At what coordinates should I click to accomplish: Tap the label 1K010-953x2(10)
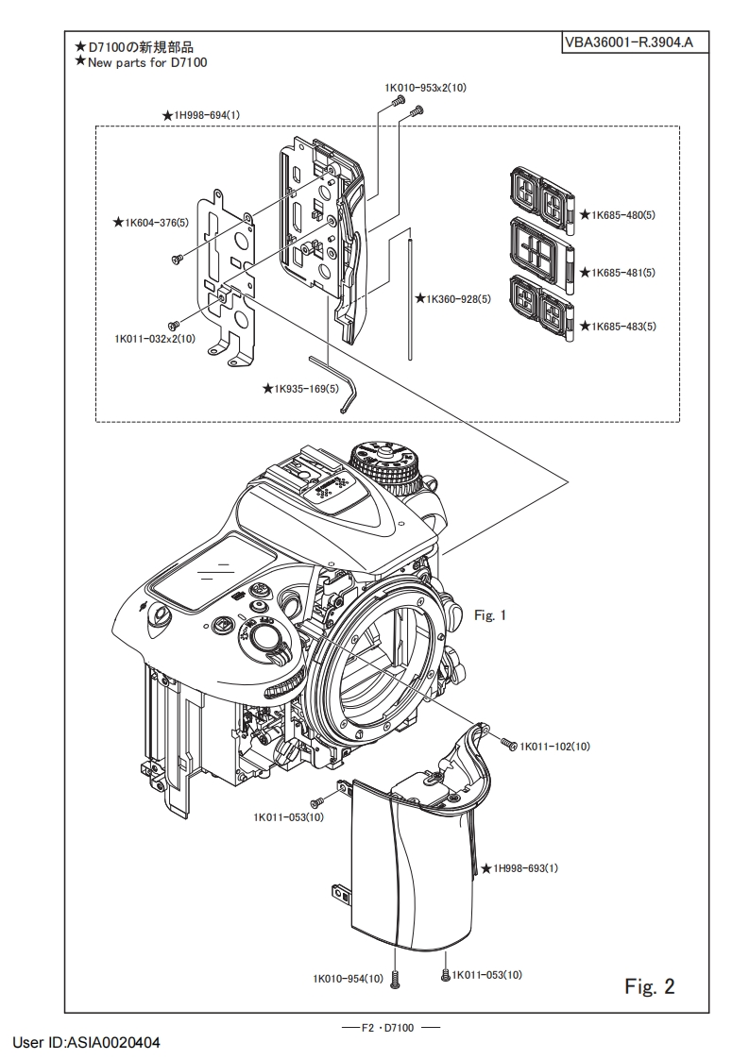(425, 87)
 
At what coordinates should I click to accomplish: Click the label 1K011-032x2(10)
(155, 338)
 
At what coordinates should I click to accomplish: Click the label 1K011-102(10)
(554, 747)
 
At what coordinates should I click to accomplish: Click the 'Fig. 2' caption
(650, 986)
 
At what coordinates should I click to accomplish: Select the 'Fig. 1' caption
(490, 615)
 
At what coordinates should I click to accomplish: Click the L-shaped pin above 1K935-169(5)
(334, 382)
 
